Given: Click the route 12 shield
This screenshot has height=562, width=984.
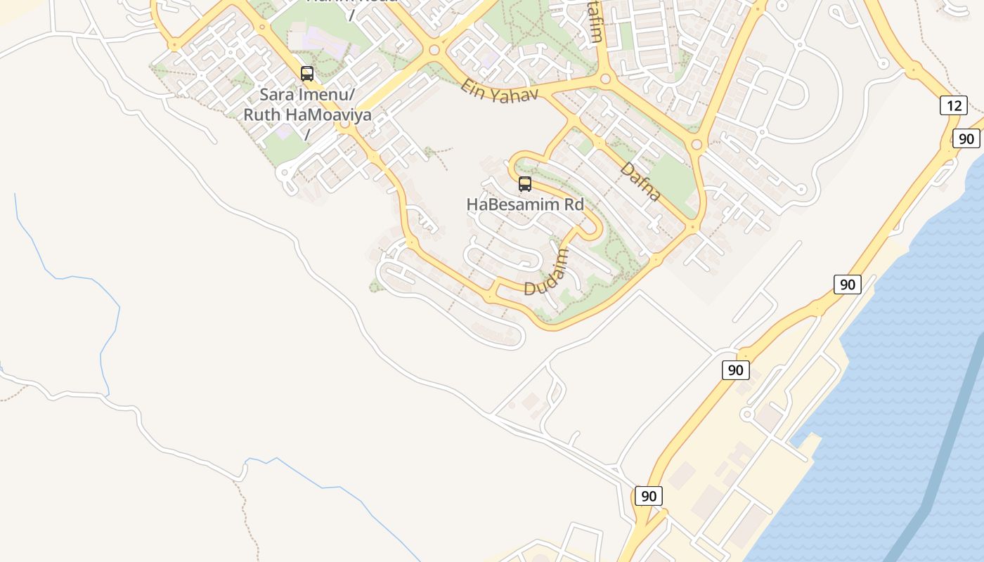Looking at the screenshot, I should click(954, 106).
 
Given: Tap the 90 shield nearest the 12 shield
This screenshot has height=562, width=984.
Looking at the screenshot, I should click(966, 138).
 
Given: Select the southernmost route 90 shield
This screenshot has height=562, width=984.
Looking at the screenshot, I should click(648, 496).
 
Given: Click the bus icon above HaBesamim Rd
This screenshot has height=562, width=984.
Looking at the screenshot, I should click(525, 184).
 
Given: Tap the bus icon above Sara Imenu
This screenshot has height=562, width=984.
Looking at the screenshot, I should click(307, 73).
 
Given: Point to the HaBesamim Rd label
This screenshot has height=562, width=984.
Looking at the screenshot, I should click(525, 204).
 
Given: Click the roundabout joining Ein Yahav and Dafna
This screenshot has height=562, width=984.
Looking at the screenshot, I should click(604, 79).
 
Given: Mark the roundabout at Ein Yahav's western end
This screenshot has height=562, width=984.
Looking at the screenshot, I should click(434, 50).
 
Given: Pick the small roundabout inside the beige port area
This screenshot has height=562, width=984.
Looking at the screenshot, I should click(747, 414).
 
